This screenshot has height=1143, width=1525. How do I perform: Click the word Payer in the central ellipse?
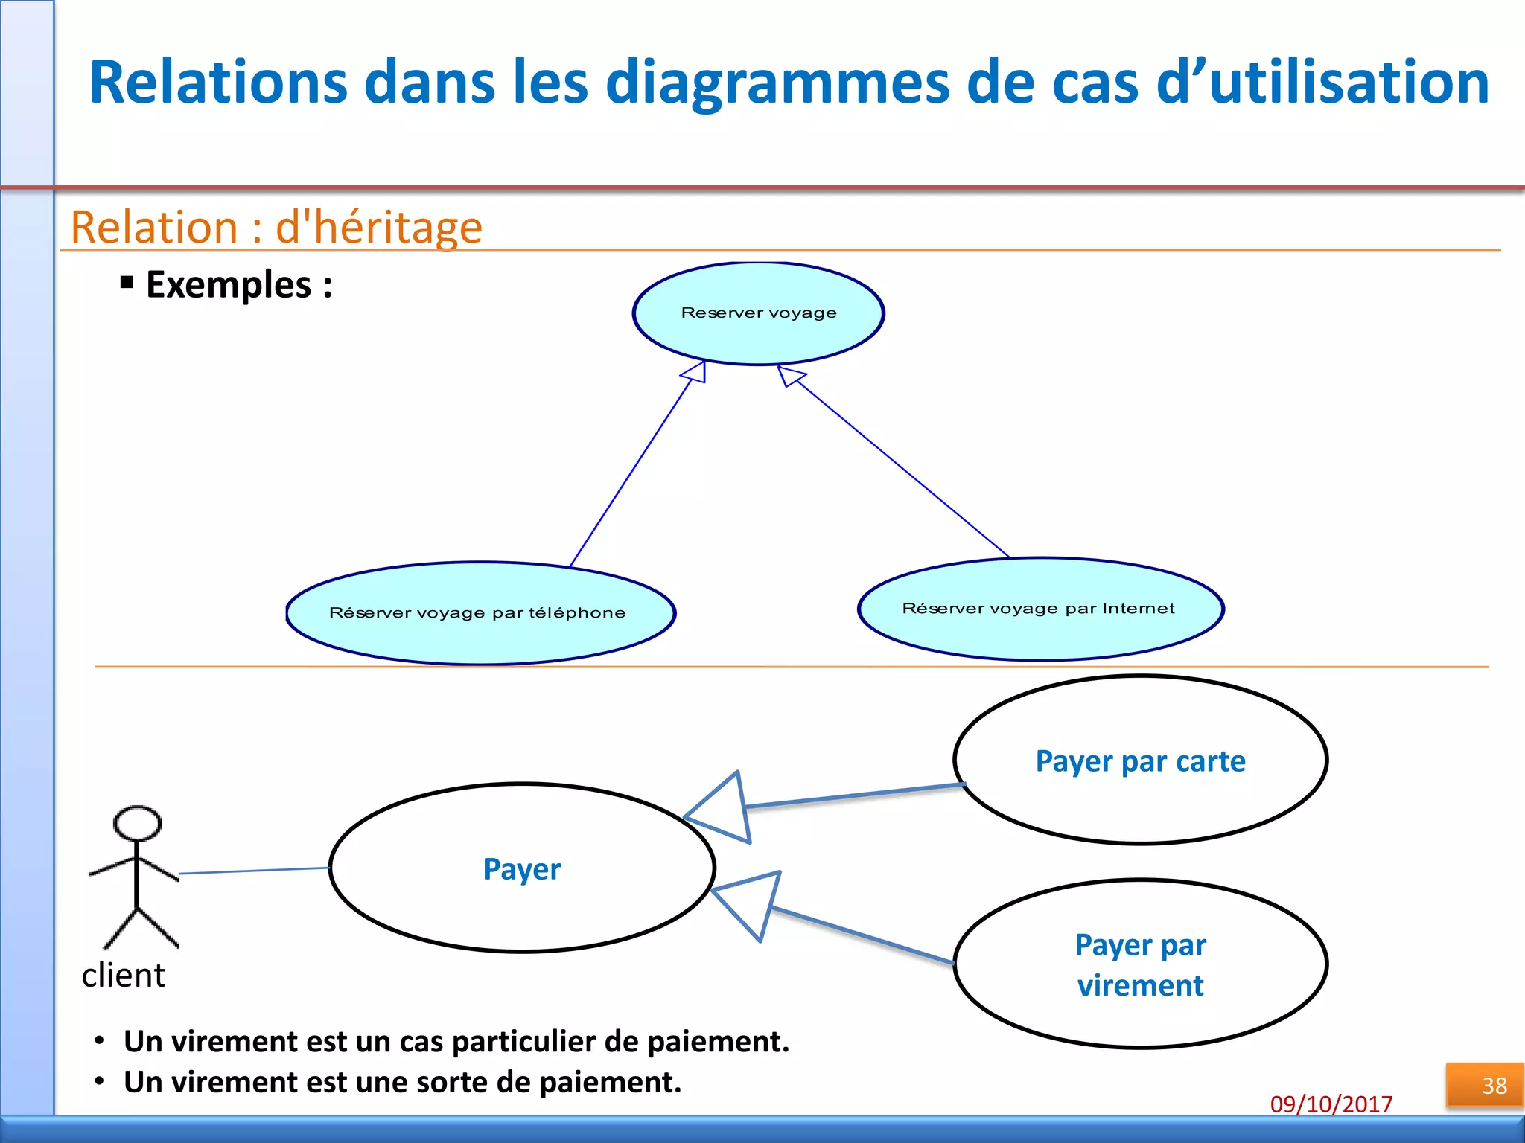[522, 869]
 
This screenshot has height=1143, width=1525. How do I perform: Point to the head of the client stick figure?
[137, 824]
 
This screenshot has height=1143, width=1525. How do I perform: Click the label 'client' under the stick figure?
[123, 976]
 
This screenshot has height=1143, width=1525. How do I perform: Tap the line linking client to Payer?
[253, 871]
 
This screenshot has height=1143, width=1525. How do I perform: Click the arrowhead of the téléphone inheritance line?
[695, 371]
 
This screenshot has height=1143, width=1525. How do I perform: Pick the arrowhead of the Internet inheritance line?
[789, 375]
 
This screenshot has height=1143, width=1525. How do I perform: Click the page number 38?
[1494, 1086]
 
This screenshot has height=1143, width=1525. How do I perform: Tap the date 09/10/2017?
[1331, 1104]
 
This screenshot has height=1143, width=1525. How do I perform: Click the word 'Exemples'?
[229, 285]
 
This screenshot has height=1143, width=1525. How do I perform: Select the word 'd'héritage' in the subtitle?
[379, 228]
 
